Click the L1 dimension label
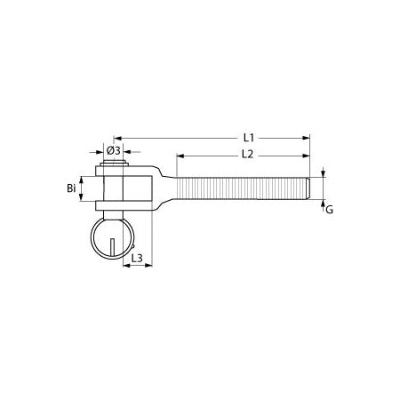(x=250, y=138)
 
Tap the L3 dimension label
(x=138, y=259)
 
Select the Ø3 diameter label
(x=114, y=150)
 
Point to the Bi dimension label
(x=71, y=188)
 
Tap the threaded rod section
(x=240, y=188)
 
